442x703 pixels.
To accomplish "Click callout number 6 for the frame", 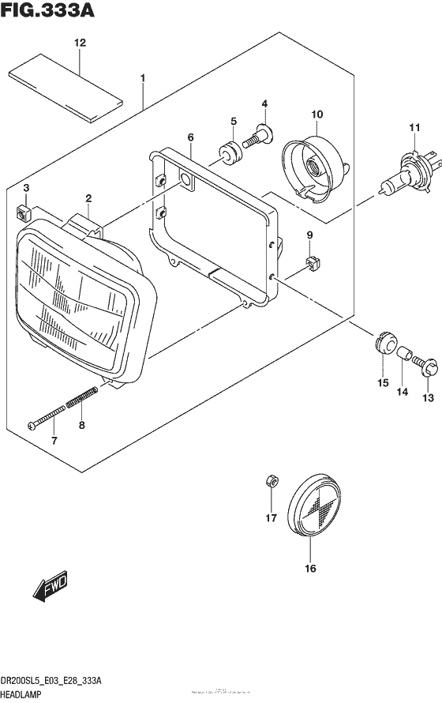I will (x=190, y=138).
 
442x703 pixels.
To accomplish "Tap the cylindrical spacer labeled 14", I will (x=405, y=355).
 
